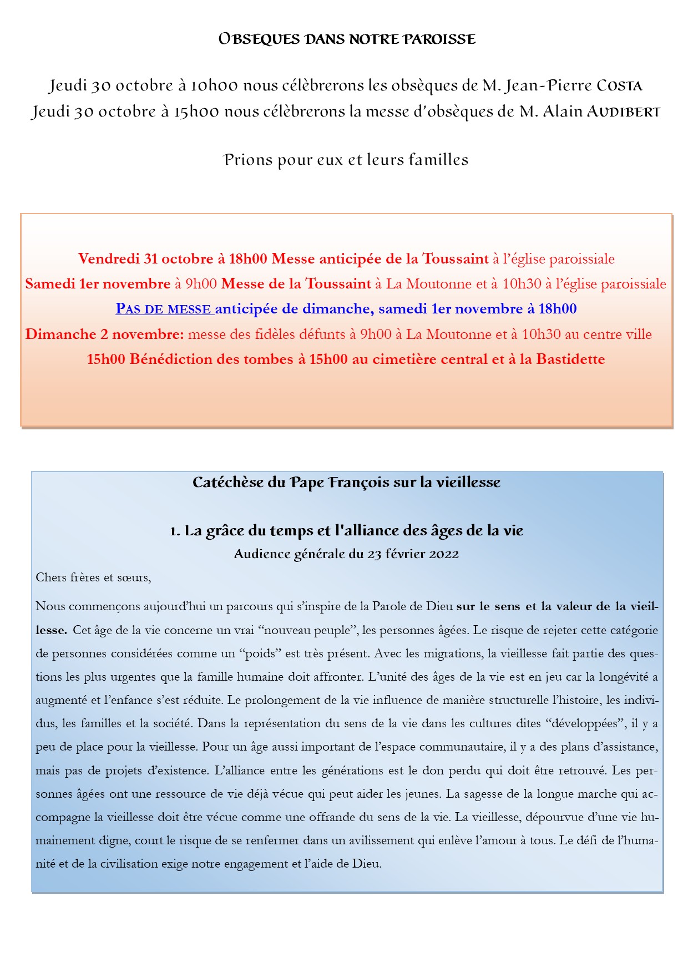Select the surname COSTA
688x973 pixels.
(x=619, y=86)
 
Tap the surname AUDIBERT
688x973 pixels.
(x=624, y=112)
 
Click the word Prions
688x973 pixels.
(x=249, y=160)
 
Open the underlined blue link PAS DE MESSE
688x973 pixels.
(x=164, y=309)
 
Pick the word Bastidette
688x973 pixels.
(x=570, y=359)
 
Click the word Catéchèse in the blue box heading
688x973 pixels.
(x=228, y=483)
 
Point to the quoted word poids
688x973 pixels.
(x=260, y=653)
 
